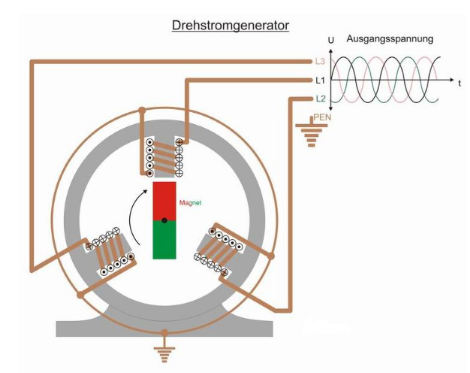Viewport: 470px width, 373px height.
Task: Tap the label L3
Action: [x=319, y=59]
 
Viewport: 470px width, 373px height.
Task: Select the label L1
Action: [x=319, y=79]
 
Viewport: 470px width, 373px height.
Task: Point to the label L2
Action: [x=319, y=99]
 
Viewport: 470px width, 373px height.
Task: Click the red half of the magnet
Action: [x=164, y=200]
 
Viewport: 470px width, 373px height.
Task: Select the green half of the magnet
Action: [x=164, y=239]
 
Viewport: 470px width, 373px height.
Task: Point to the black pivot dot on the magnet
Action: [x=164, y=220]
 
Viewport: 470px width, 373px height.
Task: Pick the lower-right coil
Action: [x=218, y=248]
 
